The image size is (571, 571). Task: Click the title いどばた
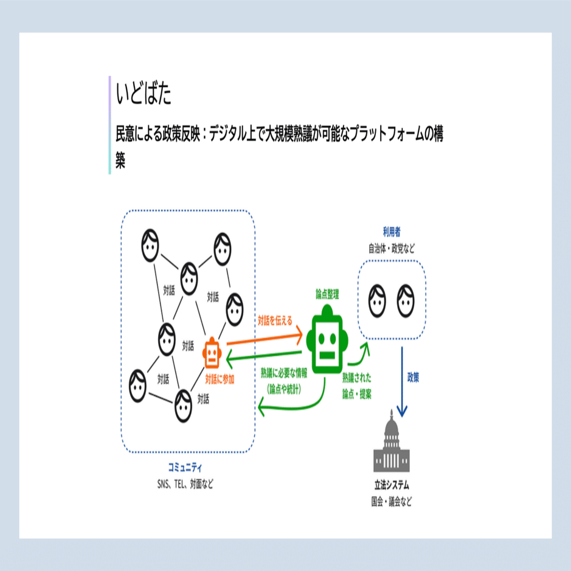[144, 93]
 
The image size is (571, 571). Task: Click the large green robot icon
[327, 340]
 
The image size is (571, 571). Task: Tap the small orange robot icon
[212, 353]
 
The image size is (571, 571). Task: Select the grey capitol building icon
[392, 441]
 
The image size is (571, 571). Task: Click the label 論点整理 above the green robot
[327, 294]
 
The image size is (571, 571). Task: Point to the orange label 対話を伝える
[275, 320]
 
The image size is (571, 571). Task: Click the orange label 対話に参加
[220, 379]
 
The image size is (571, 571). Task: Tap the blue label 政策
[413, 377]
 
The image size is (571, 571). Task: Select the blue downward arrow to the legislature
[402, 382]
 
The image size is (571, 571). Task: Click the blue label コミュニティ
[185, 467]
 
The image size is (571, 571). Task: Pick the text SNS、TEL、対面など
[185, 484]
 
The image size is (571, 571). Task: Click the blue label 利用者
[392, 232]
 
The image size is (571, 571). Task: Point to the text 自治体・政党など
[392, 249]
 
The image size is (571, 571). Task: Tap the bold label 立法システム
[392, 485]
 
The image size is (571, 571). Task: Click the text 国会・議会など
[392, 502]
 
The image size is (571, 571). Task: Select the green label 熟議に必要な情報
[284, 373]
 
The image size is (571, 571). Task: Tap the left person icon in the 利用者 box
[377, 301]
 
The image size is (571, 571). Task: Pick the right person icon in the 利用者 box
[406, 301]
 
